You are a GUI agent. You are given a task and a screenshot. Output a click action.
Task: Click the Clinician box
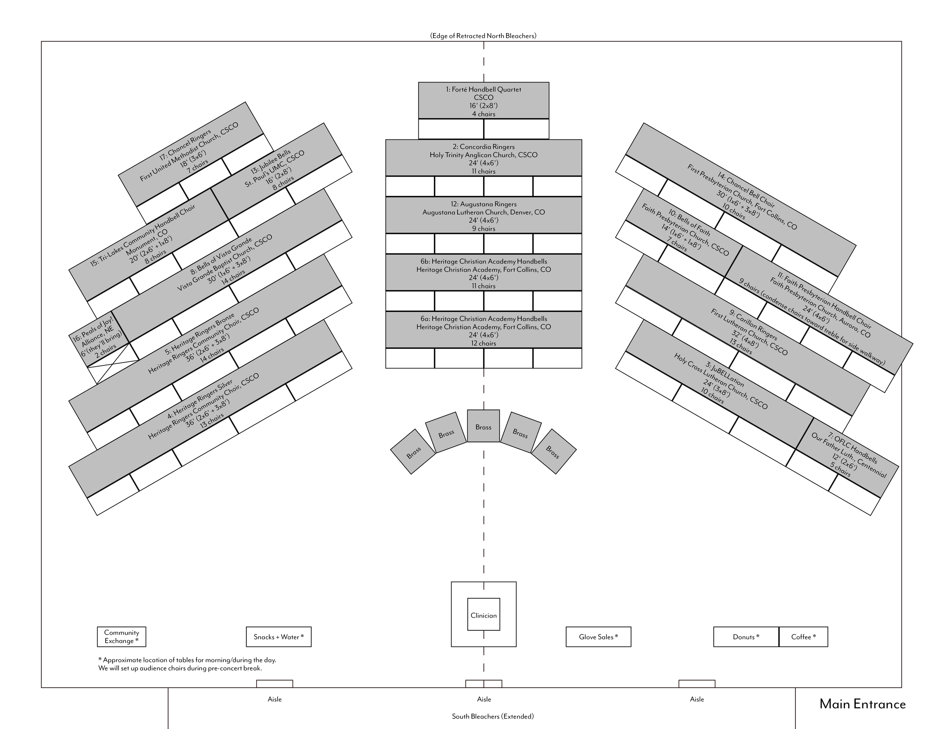coord(484,615)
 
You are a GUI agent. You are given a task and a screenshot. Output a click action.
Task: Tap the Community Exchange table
coord(121,637)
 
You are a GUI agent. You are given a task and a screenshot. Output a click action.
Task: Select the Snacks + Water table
coord(278,637)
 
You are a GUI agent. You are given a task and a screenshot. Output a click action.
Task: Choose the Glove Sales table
coord(598,637)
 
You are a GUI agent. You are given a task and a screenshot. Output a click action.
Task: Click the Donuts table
coord(746,637)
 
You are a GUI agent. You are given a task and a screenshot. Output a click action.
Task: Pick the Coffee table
coord(803,637)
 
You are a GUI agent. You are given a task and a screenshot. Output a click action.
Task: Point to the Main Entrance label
coord(862,705)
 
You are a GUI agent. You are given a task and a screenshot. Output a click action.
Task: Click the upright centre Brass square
coord(483,426)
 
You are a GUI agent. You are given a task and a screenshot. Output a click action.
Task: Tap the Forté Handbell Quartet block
coord(484,101)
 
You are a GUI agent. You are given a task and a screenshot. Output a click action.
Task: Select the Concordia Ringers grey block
coord(484,158)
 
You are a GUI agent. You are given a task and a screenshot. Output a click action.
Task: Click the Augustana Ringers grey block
coord(484,215)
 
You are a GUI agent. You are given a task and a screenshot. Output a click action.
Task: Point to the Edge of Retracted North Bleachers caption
coord(483,36)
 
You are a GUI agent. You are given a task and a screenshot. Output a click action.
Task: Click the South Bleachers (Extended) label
coord(493,717)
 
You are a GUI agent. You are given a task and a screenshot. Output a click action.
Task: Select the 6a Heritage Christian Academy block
coord(484,330)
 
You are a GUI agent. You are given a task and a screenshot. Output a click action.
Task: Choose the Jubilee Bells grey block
coord(276,171)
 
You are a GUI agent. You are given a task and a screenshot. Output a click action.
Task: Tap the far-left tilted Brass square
coord(413,452)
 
